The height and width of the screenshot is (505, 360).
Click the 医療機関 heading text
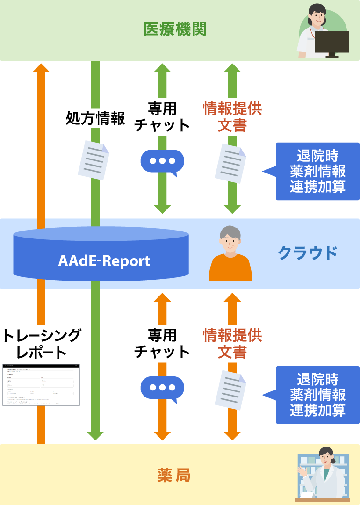(x=175, y=29)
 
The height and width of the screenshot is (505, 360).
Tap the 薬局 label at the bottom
(x=174, y=476)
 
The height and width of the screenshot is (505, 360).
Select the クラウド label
(x=307, y=253)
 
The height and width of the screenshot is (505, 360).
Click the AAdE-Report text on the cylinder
(x=104, y=260)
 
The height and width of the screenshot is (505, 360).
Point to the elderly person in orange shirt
(x=230, y=255)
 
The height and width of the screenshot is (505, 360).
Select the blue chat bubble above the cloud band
(x=162, y=162)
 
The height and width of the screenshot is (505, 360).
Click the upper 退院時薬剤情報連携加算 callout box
(x=317, y=171)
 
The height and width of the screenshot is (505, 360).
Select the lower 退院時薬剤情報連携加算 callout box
(x=317, y=395)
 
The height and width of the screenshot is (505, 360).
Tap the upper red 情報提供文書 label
(x=232, y=117)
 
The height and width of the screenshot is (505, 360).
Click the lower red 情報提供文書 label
(x=232, y=343)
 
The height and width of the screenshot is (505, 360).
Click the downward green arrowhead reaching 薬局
(x=95, y=436)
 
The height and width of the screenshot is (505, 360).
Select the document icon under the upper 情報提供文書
(x=230, y=163)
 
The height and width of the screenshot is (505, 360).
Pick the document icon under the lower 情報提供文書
(x=230, y=390)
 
